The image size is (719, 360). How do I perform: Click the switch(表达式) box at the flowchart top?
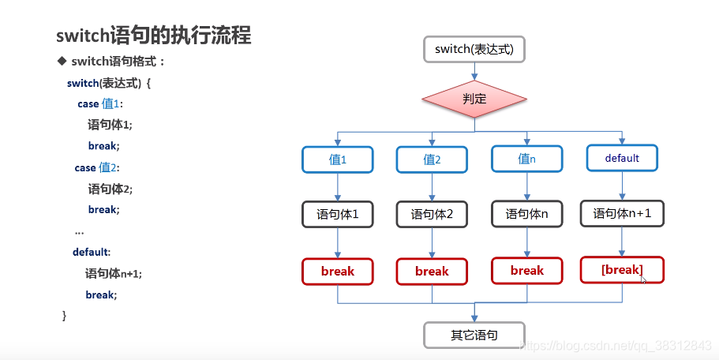point(474,50)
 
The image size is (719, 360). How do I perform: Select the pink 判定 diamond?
point(474,99)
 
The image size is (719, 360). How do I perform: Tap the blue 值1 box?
point(338,159)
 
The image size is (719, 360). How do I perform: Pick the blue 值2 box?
point(432,159)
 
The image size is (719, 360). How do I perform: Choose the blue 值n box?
point(527,158)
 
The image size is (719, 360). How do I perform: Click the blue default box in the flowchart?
point(622,157)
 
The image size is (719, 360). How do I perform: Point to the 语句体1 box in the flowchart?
point(338,214)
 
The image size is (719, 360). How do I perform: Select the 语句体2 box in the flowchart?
point(432,214)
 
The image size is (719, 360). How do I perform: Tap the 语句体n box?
point(527,213)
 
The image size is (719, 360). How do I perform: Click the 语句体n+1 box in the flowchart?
point(622,213)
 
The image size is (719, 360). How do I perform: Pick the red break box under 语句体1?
point(338,271)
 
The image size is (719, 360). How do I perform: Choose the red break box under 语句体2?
point(432,271)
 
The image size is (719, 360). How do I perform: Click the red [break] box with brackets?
point(622,270)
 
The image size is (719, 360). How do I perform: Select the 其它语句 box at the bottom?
point(474,335)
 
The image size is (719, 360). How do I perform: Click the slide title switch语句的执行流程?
point(154,36)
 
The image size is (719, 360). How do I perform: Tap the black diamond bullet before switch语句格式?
point(61,62)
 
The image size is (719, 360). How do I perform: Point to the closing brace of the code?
point(65,316)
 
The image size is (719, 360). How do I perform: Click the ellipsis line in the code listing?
point(79,232)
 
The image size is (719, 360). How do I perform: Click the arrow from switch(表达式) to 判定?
point(474,70)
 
